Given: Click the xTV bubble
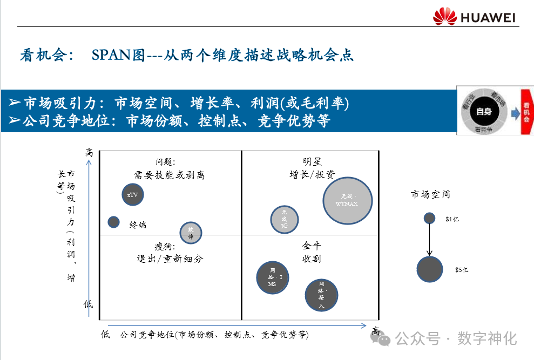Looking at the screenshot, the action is click(x=133, y=195).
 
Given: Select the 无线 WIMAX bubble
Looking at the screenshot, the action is click(x=348, y=200).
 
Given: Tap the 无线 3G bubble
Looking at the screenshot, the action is click(x=285, y=219).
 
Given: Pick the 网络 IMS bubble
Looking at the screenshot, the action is click(x=272, y=277).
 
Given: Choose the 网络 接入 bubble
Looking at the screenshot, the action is click(x=321, y=295).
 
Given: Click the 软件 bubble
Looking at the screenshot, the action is click(x=191, y=233).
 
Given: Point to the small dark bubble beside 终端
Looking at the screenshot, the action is click(x=113, y=221).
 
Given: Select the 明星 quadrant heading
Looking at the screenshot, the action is click(x=312, y=161).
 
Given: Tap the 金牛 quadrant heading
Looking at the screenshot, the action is click(x=312, y=246).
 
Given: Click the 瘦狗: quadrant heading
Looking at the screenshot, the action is click(x=170, y=246).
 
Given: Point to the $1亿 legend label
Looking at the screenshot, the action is click(x=452, y=220).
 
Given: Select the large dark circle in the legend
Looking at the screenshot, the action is click(x=430, y=269).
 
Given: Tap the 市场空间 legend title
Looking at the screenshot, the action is click(x=430, y=194).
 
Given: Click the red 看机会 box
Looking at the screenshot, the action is click(x=526, y=111).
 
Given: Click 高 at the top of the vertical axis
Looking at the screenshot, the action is click(x=90, y=153).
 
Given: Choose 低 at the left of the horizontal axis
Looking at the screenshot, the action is click(x=105, y=335).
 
